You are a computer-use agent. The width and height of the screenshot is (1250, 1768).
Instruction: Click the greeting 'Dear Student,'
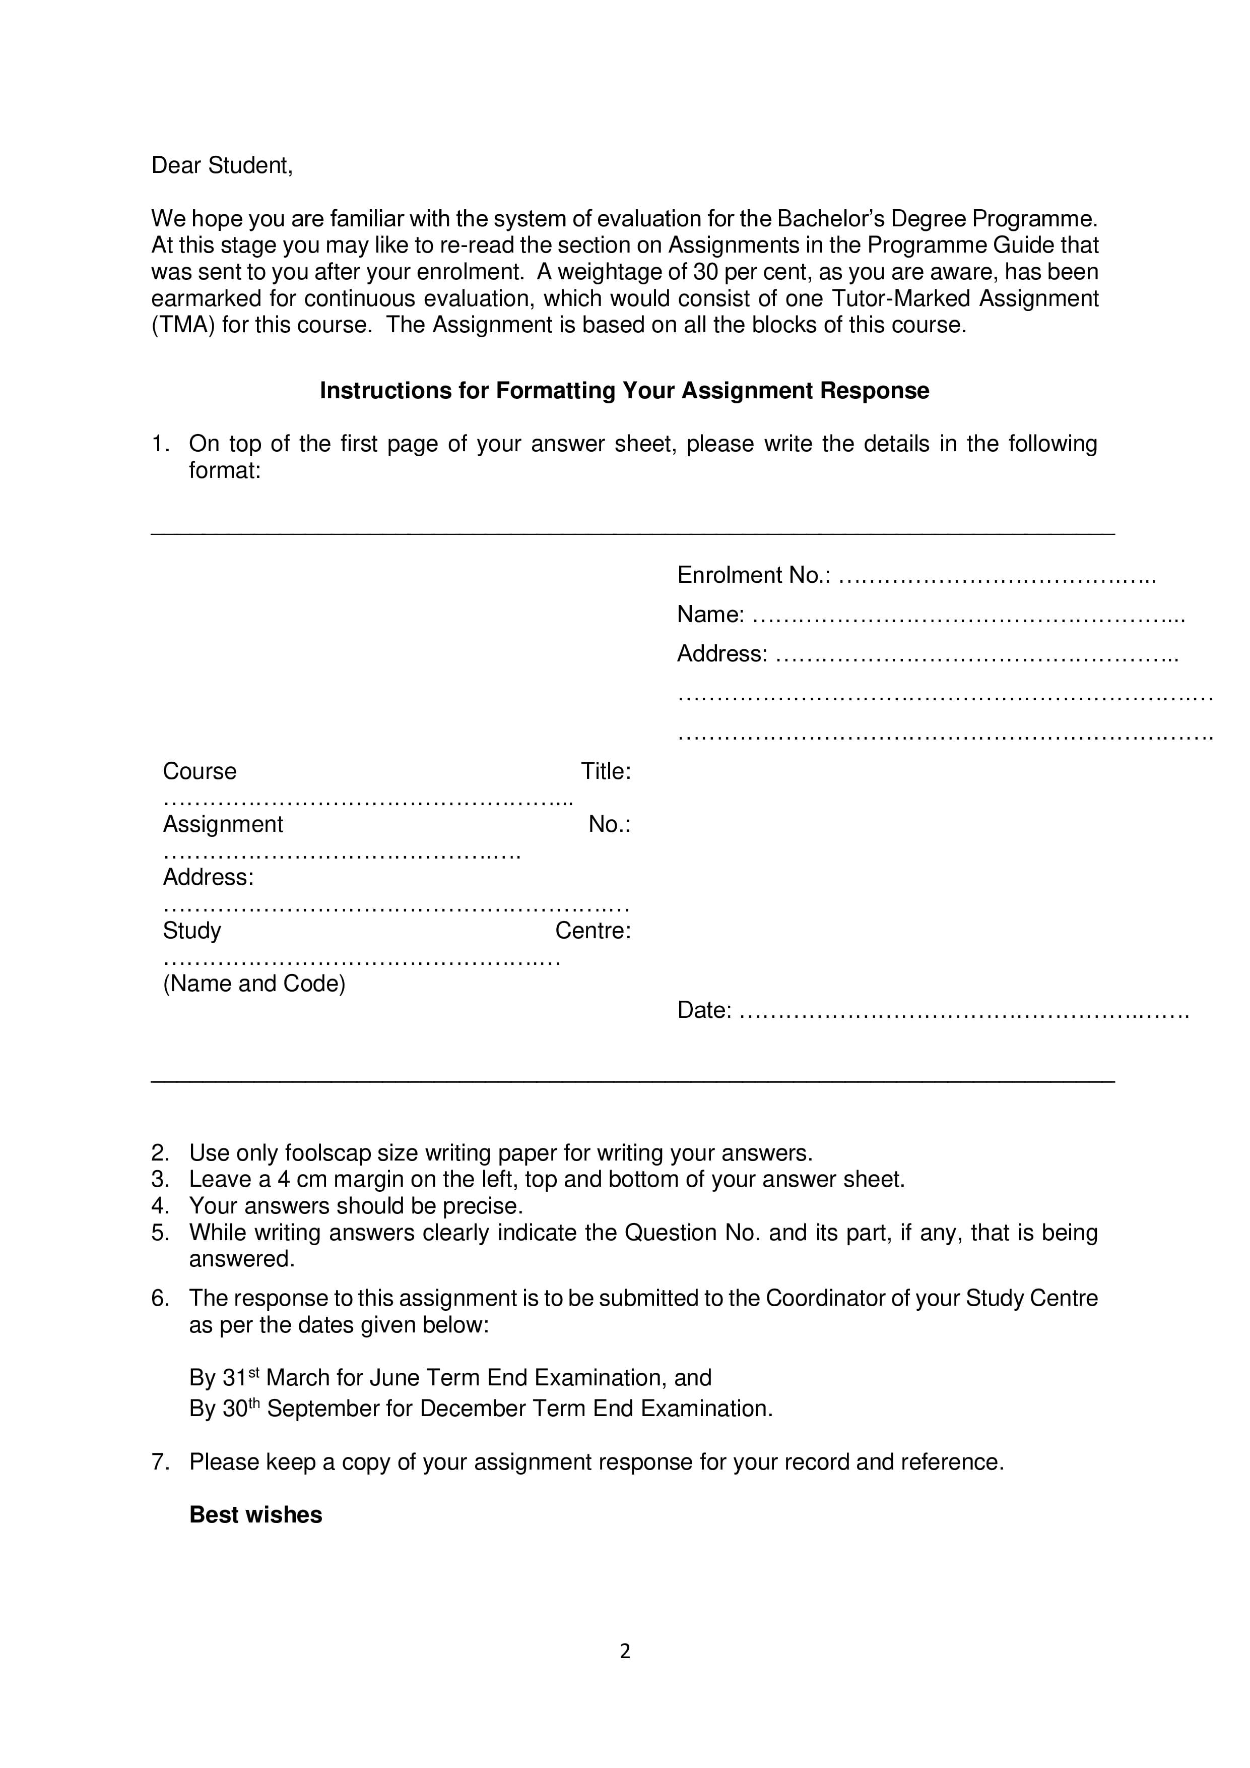click(222, 165)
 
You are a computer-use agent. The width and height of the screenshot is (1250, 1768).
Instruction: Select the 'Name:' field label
click(710, 615)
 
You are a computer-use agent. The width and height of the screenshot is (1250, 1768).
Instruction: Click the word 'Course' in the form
click(200, 771)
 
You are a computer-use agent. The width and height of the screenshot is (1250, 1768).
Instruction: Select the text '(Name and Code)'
click(254, 984)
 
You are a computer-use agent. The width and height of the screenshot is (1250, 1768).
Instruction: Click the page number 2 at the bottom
click(625, 1651)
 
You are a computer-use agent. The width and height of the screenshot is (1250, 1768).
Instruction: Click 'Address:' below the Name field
click(722, 654)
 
